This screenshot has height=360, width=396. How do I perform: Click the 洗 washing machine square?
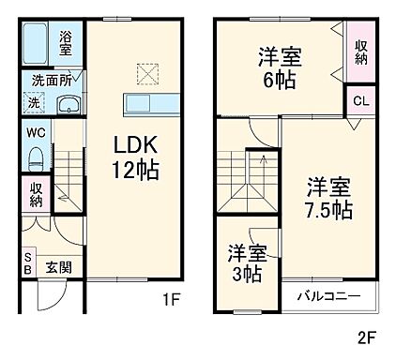35,101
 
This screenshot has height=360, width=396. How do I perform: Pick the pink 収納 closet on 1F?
35,194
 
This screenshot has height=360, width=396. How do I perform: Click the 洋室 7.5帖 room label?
328,197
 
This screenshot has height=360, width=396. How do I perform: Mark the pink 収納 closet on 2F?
361,51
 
